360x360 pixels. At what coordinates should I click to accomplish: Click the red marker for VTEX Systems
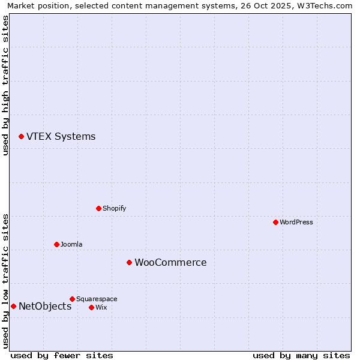pos(21,137)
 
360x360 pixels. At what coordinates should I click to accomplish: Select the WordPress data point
pos(275,222)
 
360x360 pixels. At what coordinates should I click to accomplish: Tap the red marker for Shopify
pos(98,208)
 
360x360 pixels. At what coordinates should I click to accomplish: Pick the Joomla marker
pos(56,244)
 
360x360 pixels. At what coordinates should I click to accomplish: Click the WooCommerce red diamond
pos(129,262)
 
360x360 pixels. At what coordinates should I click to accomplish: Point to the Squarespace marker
pos(72,299)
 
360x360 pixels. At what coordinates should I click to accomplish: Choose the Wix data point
pos(91,307)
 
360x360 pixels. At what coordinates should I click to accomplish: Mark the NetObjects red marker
pos(13,306)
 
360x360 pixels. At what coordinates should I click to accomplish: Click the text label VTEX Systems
pos(61,137)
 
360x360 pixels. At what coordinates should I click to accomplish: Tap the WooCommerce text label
pos(170,263)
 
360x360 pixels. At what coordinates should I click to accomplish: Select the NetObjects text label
pos(45,307)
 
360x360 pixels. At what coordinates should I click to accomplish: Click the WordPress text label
pos(296,222)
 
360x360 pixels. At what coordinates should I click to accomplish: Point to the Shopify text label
pos(114,208)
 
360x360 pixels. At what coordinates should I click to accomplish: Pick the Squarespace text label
pos(97,299)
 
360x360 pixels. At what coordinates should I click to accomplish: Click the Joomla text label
pos(71,244)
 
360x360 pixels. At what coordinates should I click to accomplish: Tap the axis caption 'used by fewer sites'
pos(62,355)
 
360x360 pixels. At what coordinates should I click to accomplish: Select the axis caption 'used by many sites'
pos(301,355)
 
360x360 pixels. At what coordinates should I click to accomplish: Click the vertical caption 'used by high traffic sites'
pos(5,85)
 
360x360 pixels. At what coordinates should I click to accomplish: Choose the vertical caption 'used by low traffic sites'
pos(5,280)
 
